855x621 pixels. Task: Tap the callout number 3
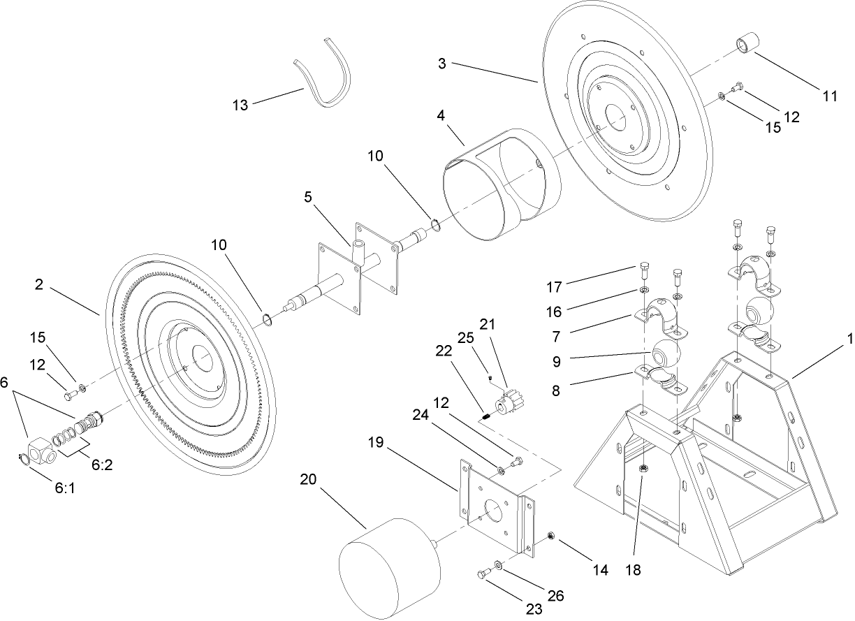[x=442, y=64]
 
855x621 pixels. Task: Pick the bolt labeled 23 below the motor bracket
[x=481, y=574]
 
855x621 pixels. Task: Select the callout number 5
[x=308, y=198]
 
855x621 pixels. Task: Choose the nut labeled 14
[x=551, y=536]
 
